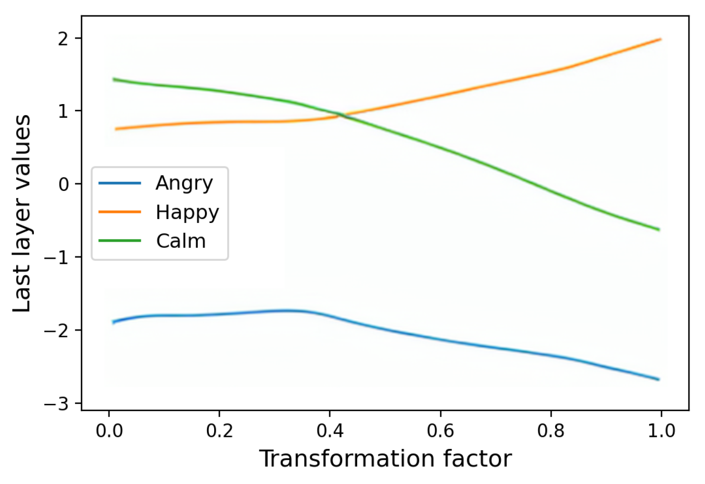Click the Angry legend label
click(184, 183)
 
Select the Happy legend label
click(187, 212)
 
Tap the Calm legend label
click(181, 241)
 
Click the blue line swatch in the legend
click(120, 183)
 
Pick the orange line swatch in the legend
click(120, 212)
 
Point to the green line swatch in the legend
click(120, 240)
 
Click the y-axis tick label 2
click(63, 39)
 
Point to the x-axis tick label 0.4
click(330, 431)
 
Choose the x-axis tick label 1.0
click(661, 431)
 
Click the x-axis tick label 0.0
click(109, 431)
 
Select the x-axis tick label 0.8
click(551, 431)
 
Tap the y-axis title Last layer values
click(22, 213)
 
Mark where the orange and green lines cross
click(342, 115)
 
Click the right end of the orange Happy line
click(660, 39)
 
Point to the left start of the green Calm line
click(114, 79)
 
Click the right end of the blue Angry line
click(658, 379)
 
